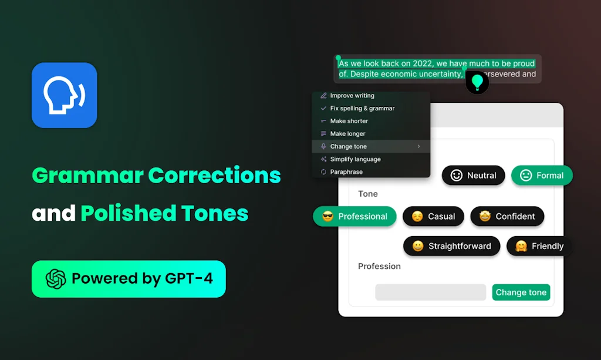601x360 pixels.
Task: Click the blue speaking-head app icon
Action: (64, 95)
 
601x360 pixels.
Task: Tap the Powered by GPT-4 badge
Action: (129, 278)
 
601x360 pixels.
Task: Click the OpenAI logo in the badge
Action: (56, 278)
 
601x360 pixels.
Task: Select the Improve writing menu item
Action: (352, 96)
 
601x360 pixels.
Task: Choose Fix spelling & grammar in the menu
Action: (362, 109)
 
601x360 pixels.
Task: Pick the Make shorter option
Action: (349, 121)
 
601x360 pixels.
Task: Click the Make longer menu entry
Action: (347, 134)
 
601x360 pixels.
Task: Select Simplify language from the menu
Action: (355, 159)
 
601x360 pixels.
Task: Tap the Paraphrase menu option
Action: (346, 172)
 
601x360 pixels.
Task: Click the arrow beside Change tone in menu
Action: (418, 146)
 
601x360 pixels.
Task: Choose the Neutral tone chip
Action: (473, 175)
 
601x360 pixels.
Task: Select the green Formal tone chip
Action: (541, 175)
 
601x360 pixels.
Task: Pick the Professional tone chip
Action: (354, 216)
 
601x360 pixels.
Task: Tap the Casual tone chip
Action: (433, 216)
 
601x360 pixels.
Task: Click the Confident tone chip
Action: (507, 216)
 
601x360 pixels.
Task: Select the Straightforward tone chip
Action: (451, 246)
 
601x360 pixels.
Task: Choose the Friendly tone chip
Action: (539, 246)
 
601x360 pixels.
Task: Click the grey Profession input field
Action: (430, 292)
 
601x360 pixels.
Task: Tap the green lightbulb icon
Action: (477, 82)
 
